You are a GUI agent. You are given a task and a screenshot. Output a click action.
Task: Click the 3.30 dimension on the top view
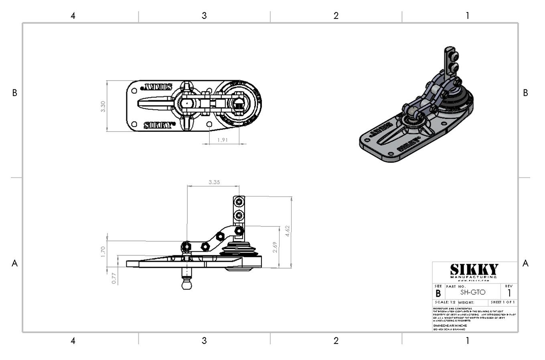click(103, 106)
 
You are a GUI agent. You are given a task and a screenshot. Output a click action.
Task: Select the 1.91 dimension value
click(223, 140)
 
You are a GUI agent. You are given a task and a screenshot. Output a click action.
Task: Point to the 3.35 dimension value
click(214, 182)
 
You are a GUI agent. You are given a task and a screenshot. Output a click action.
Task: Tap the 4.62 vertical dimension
click(287, 231)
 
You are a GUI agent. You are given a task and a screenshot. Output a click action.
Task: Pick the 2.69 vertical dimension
click(275, 247)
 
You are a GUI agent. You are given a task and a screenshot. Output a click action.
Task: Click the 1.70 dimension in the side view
click(103, 251)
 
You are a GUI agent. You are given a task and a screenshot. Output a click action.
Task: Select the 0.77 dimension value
click(114, 278)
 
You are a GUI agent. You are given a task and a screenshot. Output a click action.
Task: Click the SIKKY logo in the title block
click(474, 270)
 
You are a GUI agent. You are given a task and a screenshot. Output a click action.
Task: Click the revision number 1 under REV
click(509, 293)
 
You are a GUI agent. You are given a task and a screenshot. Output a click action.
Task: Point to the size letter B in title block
click(438, 293)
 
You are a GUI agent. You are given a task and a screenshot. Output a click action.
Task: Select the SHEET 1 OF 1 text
click(503, 302)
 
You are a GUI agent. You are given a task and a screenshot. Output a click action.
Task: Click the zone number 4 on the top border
click(73, 16)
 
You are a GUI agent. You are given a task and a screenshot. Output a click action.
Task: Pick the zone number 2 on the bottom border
click(336, 341)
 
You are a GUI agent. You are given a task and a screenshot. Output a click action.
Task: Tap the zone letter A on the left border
click(15, 263)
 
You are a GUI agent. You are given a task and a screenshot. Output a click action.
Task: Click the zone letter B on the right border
click(525, 93)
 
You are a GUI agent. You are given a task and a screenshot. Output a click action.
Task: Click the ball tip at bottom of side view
click(187, 285)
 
